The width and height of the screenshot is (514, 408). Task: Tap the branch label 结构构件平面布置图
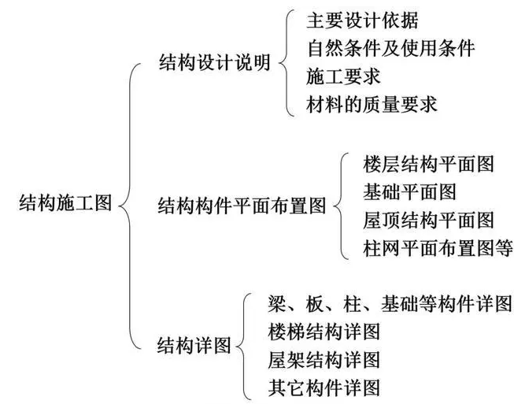tap(242, 207)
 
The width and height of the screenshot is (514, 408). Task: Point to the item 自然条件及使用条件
tap(390, 48)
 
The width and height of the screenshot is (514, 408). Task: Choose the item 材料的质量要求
tap(372, 104)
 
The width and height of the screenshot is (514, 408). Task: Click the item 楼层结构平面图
tap(429, 164)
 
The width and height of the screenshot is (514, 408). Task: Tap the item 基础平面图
tap(409, 191)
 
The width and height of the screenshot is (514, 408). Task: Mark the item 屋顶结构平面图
tap(429, 220)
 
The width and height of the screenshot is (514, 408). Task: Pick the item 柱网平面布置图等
tap(438, 248)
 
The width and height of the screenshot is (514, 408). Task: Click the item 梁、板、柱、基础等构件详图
tap(390, 303)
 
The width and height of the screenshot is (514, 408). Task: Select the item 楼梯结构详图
tap(324, 332)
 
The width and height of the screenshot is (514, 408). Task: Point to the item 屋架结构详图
tap(324, 360)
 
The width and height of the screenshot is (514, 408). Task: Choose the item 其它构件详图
tap(324, 388)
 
